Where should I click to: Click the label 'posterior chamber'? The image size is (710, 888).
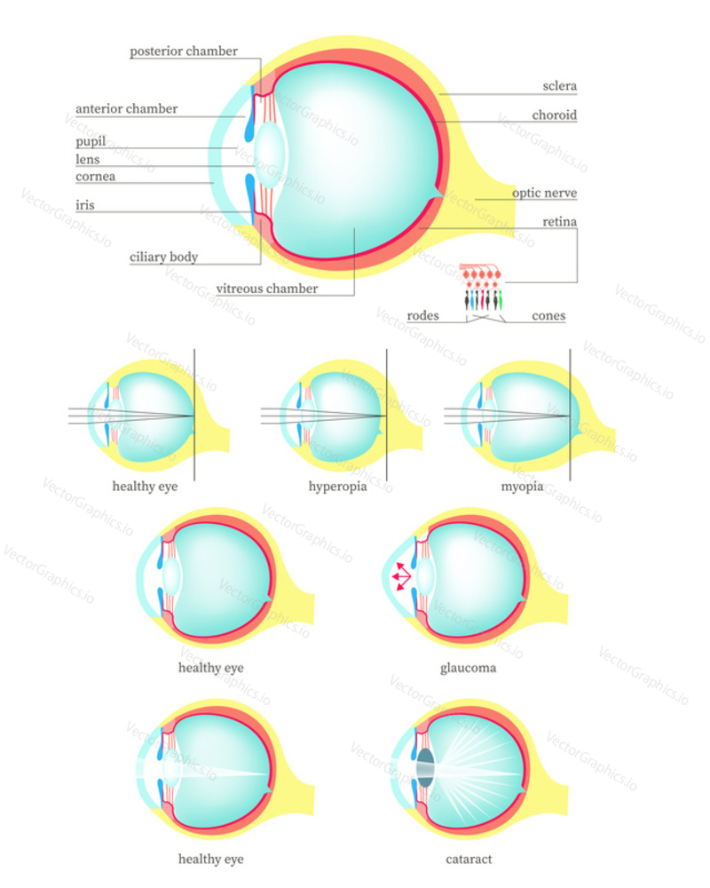(184, 51)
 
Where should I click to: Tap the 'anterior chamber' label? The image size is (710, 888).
(126, 108)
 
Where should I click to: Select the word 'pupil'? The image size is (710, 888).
(91, 141)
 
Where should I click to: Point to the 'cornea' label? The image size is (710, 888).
(95, 177)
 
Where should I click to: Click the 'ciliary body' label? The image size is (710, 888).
(163, 258)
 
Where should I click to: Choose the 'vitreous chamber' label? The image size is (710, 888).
(266, 289)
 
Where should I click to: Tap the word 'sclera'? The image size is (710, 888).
(559, 86)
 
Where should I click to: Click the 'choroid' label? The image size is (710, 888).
(555, 115)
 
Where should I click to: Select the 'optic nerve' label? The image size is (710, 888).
(544, 193)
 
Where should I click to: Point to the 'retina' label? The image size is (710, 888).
(559, 221)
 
